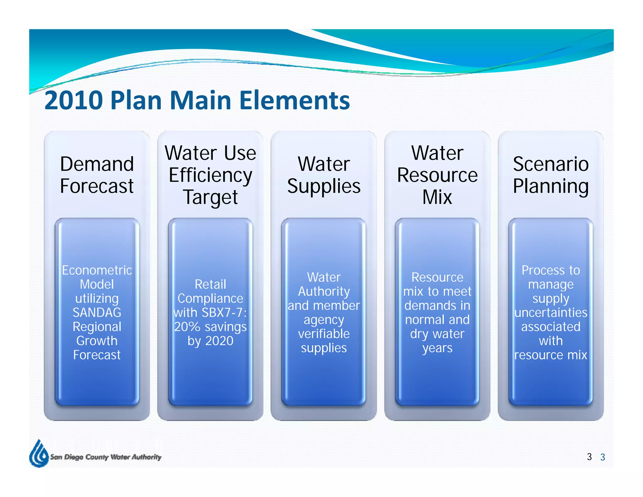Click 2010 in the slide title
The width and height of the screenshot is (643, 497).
(74, 101)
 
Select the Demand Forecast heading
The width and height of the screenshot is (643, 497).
(97, 175)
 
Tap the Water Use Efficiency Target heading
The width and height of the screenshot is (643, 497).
(210, 175)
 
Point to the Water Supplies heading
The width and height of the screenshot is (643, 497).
(324, 175)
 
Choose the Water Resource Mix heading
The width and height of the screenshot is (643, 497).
(437, 175)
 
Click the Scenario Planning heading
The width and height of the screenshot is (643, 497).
(551, 175)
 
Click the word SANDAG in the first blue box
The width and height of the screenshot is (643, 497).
(97, 313)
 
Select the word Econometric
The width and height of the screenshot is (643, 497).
(97, 270)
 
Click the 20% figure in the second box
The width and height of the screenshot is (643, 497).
(187, 327)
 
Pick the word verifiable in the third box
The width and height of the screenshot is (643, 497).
(324, 334)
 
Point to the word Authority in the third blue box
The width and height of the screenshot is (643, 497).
(324, 292)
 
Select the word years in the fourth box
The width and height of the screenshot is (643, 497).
(437, 348)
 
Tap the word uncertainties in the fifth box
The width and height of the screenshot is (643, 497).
(551, 313)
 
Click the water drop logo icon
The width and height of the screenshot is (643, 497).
(38, 454)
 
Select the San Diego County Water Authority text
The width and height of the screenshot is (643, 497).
(106, 457)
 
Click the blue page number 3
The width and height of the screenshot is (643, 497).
(602, 457)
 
